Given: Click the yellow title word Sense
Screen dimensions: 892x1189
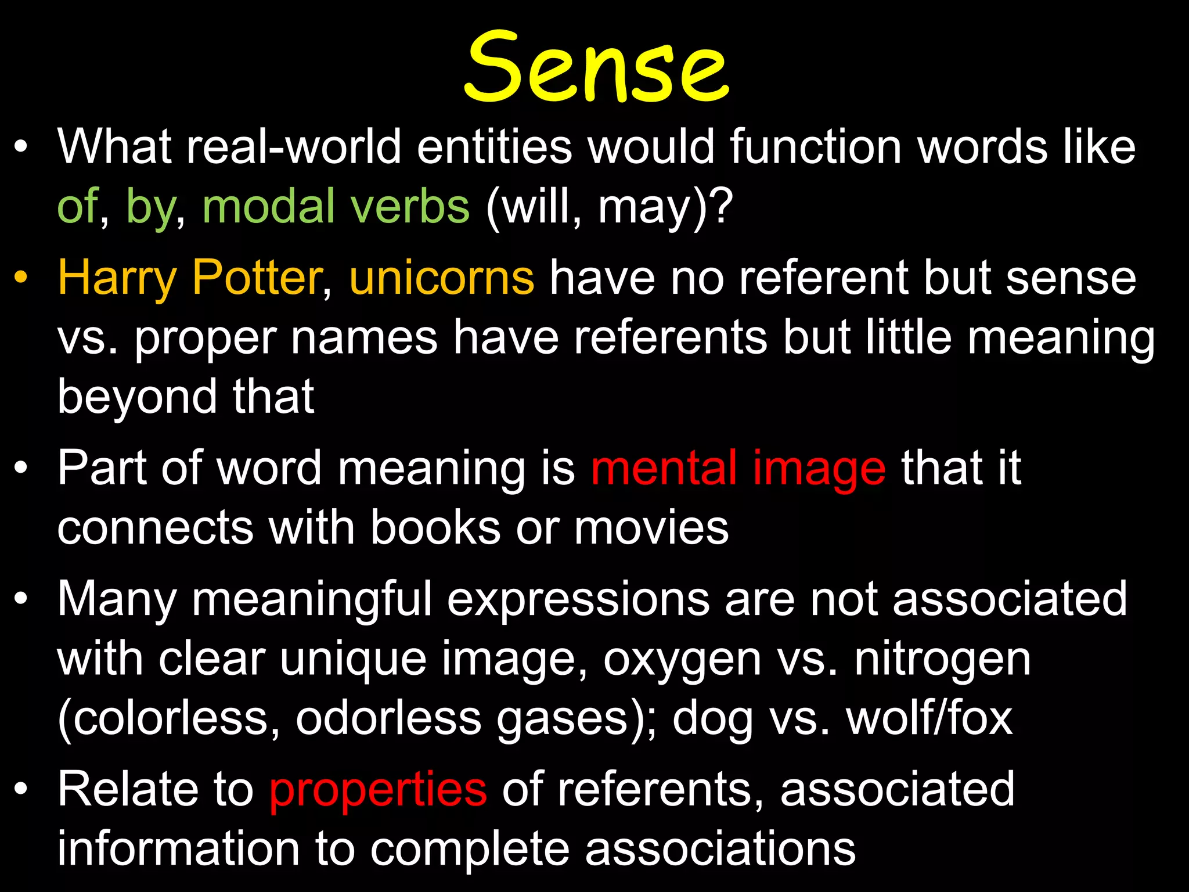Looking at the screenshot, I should click(x=596, y=67).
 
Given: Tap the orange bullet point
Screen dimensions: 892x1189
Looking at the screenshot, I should click(x=21, y=277).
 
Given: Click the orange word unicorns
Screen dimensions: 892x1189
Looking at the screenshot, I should click(x=441, y=278).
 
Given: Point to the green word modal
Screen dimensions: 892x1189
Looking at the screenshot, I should click(x=270, y=206).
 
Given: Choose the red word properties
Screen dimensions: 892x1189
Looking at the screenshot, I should click(x=378, y=790).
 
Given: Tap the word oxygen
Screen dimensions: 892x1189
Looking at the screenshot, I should click(x=682, y=660).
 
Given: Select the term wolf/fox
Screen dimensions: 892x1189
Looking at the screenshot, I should click(x=929, y=719).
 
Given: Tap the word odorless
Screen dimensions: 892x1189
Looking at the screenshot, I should click(x=389, y=719).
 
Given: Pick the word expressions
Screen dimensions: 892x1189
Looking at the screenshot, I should click(x=578, y=599).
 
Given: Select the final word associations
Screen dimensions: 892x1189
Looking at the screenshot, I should click(x=720, y=849).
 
